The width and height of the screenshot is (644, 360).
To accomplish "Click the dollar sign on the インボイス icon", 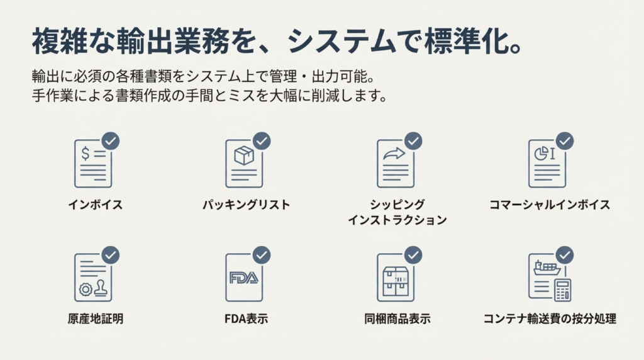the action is tap(85, 154).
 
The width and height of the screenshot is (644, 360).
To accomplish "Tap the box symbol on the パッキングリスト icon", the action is tap(244, 155).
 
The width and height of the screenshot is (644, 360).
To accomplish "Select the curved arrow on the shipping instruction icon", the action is tap(394, 154).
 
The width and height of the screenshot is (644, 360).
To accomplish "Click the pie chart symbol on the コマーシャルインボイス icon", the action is tap(541, 154).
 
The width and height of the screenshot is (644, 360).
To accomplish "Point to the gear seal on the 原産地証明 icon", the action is tap(86, 290).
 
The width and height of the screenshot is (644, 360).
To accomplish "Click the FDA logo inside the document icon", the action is tap(243, 278).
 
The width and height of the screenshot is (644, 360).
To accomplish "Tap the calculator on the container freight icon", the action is tap(562, 290).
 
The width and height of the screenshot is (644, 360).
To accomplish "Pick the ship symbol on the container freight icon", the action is tap(547, 267).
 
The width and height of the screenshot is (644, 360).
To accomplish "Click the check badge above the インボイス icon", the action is tap(111, 141).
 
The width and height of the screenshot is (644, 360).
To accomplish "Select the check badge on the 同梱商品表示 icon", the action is tap(413, 255).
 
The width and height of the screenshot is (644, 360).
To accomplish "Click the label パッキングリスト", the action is tap(247, 205).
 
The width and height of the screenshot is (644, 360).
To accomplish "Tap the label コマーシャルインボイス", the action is tap(550, 205).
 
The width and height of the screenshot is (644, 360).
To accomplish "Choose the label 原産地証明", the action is tap(96, 318).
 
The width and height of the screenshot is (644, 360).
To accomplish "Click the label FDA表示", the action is tap(246, 318).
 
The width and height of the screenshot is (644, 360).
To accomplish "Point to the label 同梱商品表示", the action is tap(397, 318).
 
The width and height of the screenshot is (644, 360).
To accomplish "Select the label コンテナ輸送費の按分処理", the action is tap(550, 318).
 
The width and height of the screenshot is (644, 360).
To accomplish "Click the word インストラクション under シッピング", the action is tap(397, 220).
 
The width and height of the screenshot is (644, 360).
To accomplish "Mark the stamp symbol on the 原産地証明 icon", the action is tap(101, 288).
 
